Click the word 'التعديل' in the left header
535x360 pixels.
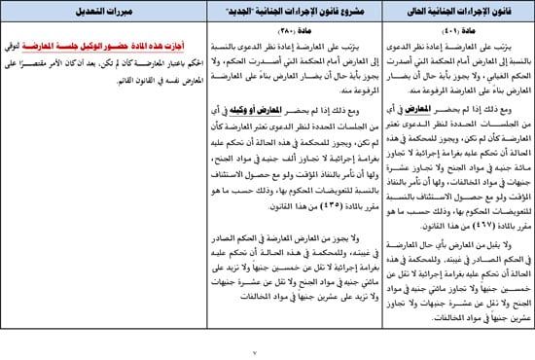[x=82, y=13]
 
